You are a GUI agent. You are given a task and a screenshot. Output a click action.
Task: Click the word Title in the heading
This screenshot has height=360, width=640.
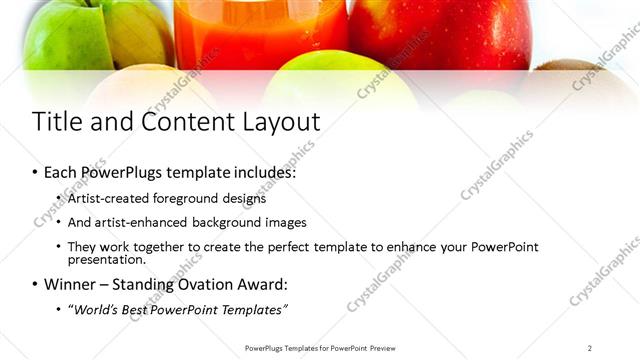pos(58,122)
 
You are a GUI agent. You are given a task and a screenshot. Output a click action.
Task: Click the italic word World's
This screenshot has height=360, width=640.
pos(95,309)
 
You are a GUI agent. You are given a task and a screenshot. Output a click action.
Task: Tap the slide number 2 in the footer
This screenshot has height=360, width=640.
pos(589,348)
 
